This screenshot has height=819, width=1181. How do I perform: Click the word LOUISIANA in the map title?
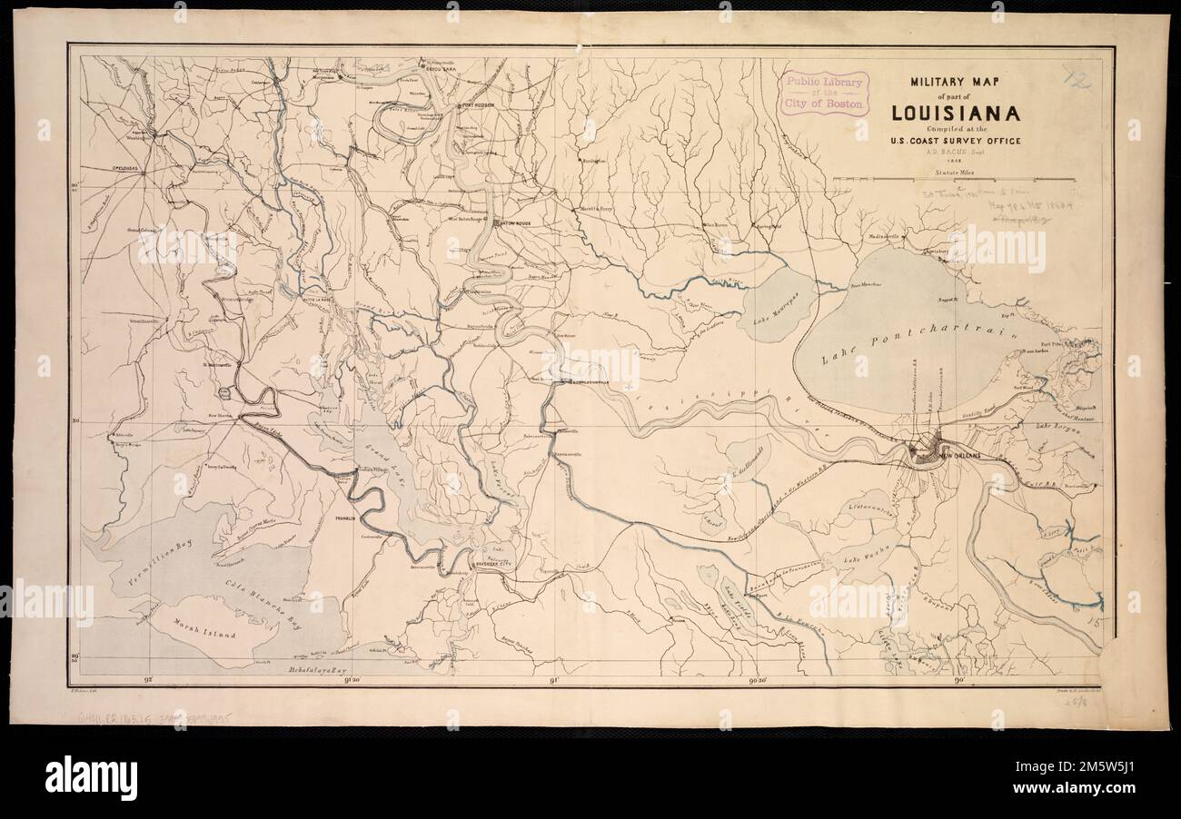click(955, 113)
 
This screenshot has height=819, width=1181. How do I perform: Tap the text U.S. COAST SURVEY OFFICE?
click(955, 141)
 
